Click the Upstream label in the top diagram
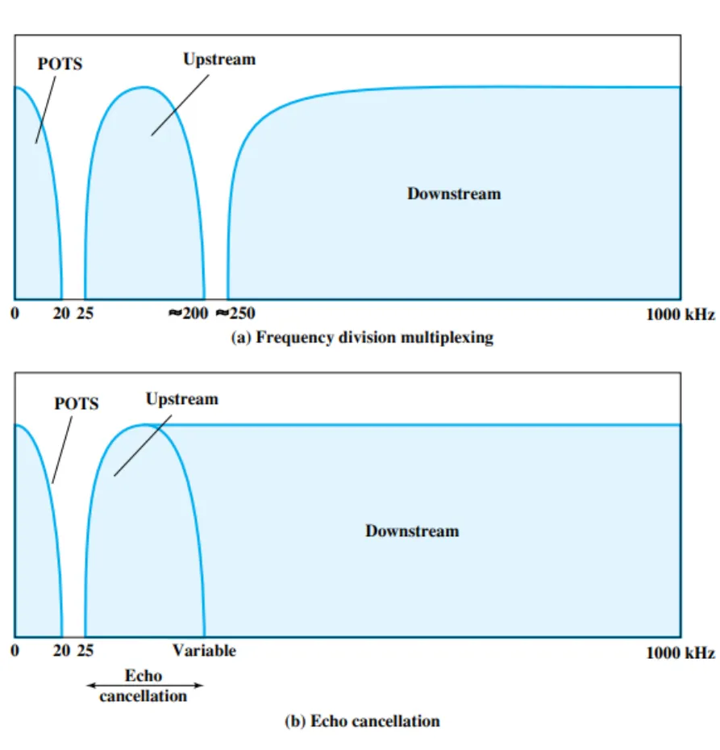coord(218,60)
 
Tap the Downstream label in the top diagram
coord(453,194)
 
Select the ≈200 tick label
coord(188,315)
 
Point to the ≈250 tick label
coord(235,315)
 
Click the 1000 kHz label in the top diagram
coord(680,315)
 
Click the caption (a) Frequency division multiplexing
coord(362,338)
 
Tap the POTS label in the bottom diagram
coord(77,403)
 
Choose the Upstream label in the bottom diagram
coord(181,398)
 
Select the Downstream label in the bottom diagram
coord(412,531)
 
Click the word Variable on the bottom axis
coord(204,650)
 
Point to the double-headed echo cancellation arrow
coord(144,685)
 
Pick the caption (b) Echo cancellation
coord(362,720)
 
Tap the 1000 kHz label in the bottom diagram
coord(680,652)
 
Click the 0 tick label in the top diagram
coord(15,315)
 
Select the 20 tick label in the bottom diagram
coord(61,651)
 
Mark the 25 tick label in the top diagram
coord(85,315)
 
